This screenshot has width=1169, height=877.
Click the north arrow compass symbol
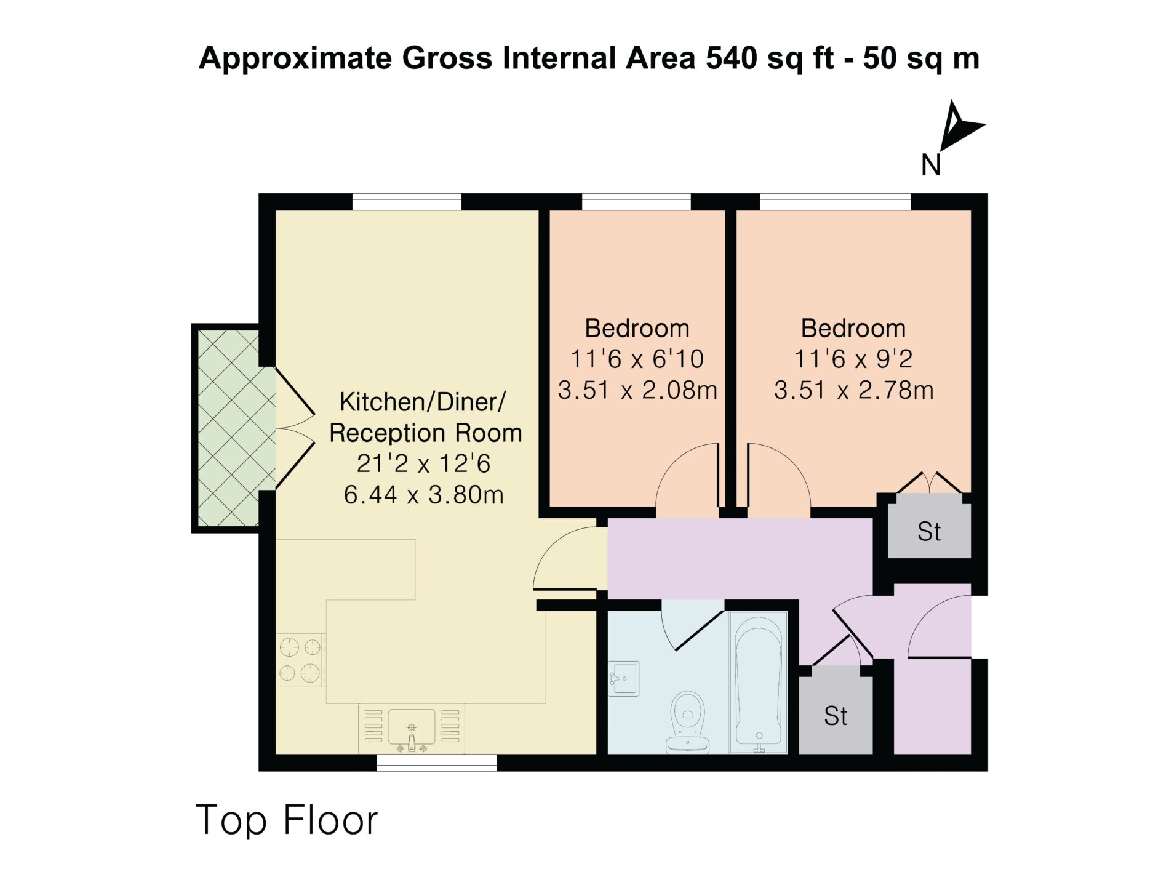958,126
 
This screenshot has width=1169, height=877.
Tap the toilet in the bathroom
688,723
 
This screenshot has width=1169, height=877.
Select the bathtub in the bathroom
759,682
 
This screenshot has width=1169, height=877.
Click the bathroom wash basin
623,678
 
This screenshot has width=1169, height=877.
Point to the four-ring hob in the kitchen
301,660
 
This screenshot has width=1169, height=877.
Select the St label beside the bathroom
836,716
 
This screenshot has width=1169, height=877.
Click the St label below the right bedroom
929,532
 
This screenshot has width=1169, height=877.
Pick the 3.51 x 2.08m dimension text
637,390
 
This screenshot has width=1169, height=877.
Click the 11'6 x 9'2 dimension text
853,359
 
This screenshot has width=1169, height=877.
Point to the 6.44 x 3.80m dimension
424,495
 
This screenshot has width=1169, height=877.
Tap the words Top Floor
287,820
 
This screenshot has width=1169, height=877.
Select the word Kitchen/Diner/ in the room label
423,402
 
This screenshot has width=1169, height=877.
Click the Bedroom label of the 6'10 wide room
637,328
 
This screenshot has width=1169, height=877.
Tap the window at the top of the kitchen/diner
407,202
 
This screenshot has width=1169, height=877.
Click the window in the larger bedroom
835,202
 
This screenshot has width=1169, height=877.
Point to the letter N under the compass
931,165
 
